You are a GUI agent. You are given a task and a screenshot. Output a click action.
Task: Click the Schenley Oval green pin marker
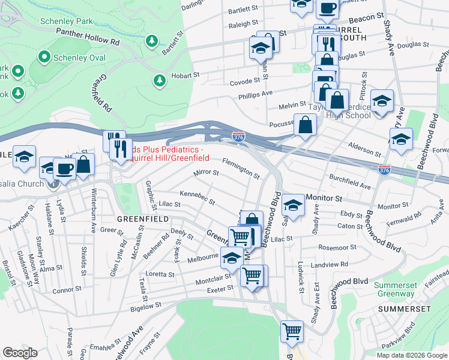[x=44, y=58]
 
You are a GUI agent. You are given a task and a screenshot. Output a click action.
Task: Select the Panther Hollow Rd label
[x=88, y=38]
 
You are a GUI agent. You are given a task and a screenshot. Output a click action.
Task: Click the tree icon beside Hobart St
[x=160, y=80]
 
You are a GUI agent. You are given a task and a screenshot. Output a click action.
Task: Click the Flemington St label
[x=241, y=169]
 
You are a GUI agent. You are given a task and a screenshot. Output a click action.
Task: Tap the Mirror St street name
[x=205, y=173]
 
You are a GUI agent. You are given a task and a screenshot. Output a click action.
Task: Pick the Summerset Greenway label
[x=394, y=289]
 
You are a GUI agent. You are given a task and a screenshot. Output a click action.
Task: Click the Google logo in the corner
[x=20, y=353]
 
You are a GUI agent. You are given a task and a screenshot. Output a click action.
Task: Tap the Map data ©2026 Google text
[x=411, y=355]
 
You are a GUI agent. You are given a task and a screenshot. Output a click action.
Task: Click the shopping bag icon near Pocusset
[x=305, y=125]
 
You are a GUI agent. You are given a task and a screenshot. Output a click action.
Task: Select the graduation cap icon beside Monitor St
[x=293, y=205]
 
